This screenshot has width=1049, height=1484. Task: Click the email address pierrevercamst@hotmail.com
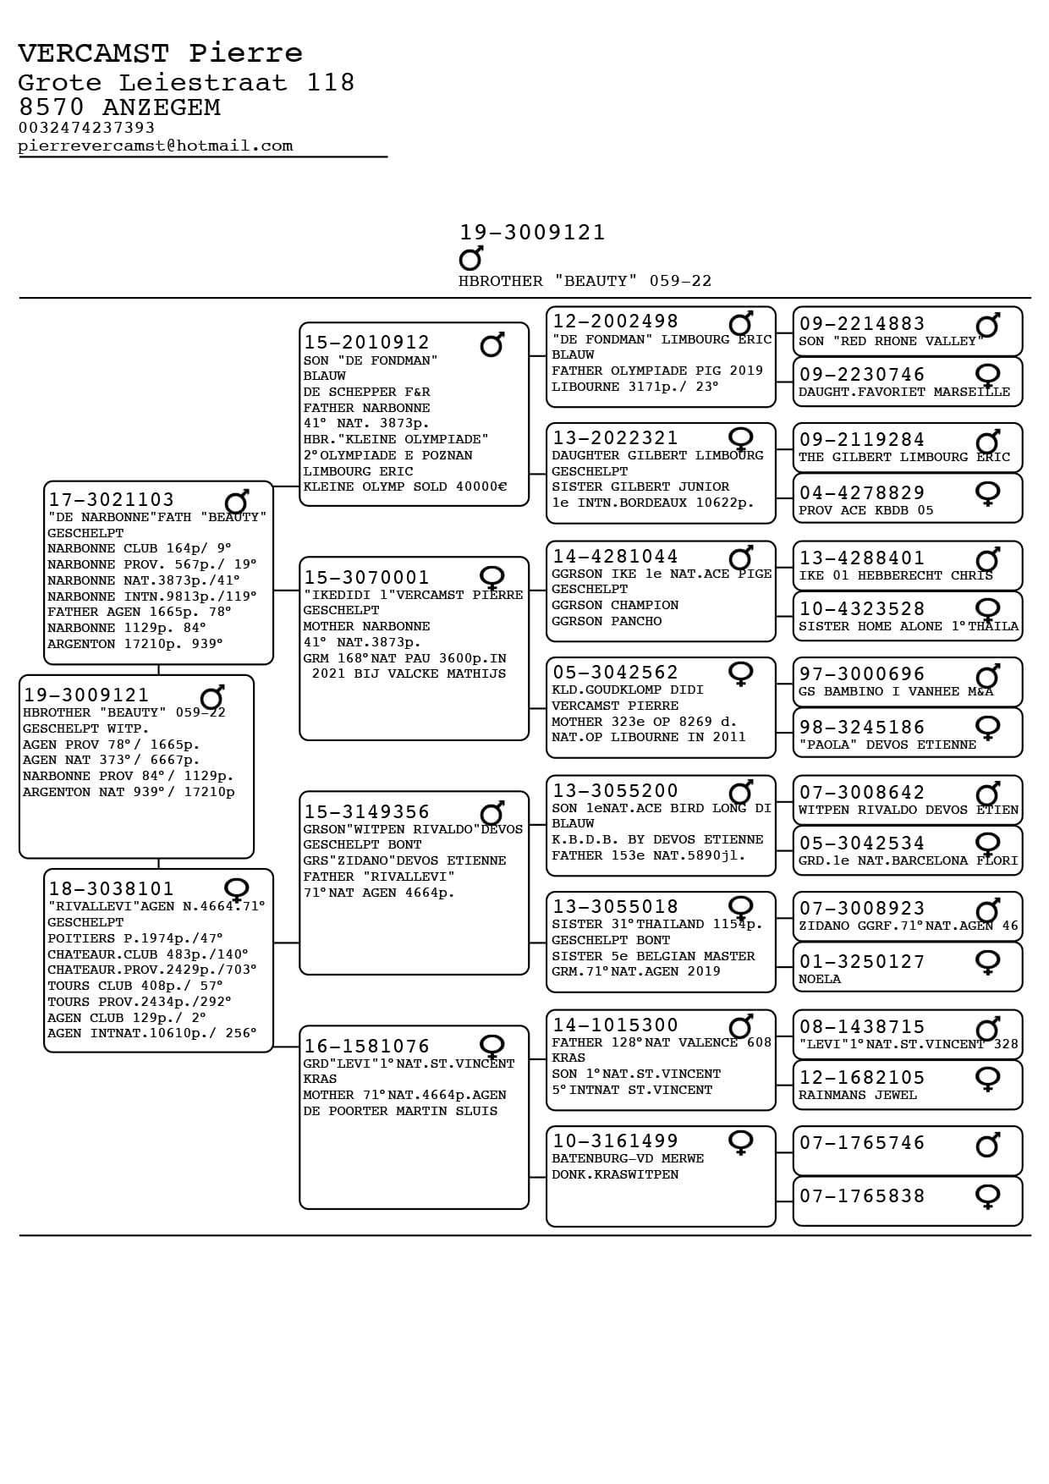[x=156, y=146]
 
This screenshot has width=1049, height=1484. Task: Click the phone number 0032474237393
[x=86, y=128]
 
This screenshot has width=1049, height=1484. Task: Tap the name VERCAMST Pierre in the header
[x=160, y=53]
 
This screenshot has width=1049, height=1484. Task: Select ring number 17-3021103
[x=111, y=500]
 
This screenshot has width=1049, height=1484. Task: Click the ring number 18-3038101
[x=111, y=888]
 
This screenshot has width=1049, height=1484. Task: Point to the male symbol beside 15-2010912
[x=492, y=344]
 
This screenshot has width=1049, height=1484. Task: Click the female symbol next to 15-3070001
[x=492, y=578]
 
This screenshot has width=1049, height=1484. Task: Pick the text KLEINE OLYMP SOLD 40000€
[x=405, y=486]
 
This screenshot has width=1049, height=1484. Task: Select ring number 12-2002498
[x=615, y=322]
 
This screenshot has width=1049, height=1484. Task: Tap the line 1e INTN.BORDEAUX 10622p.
[x=652, y=503]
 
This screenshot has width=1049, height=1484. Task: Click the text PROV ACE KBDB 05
[x=866, y=510]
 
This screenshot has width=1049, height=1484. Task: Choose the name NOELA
[x=820, y=979]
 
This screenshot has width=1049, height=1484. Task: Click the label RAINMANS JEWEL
[x=858, y=1095]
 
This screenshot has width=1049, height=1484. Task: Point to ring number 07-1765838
[x=862, y=1195]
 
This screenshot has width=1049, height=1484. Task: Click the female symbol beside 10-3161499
[x=740, y=1142]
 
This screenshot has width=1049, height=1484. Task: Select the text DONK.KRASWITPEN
[x=615, y=1174]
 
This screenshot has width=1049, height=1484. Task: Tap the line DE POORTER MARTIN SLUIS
[x=400, y=1111]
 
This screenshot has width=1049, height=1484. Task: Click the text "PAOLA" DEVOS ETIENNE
[x=887, y=745]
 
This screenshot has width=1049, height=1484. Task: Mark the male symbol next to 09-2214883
[x=987, y=326]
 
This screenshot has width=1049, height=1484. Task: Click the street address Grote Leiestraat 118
[x=186, y=82]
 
